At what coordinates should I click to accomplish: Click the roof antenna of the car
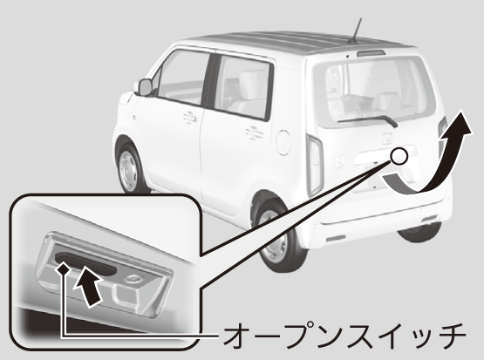(x=356, y=31)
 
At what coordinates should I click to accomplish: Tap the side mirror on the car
(x=144, y=87)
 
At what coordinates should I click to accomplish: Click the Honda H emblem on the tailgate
(x=387, y=139)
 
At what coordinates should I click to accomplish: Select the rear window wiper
(x=368, y=120)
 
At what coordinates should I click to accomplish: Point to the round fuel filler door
(x=283, y=142)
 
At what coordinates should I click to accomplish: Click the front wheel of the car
(x=129, y=169)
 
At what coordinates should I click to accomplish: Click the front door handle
(x=190, y=118)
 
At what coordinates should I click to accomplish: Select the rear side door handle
(x=255, y=133)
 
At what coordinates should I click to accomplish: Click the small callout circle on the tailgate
(x=399, y=156)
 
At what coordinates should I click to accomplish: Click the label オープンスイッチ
(x=344, y=336)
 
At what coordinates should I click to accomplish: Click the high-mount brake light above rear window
(x=371, y=53)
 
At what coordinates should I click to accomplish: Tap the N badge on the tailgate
(x=339, y=162)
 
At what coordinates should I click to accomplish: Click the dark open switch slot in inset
(x=85, y=263)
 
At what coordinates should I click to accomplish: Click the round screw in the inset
(x=133, y=279)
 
